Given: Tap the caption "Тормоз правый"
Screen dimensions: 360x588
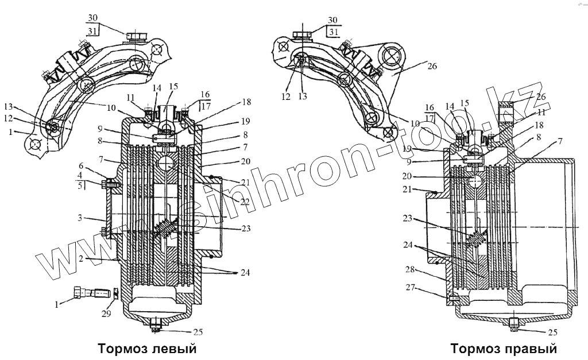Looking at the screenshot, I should pos(504,349).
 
